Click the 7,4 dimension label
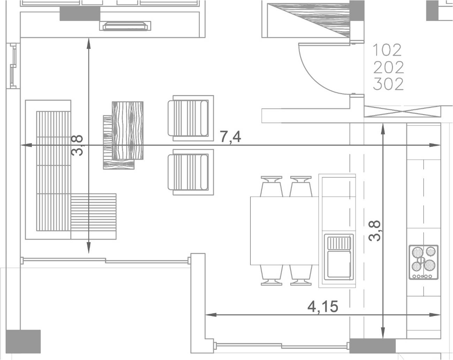(x=230, y=137)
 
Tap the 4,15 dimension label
(x=323, y=307)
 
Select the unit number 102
(x=387, y=50)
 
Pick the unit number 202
(x=388, y=67)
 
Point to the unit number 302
(x=388, y=84)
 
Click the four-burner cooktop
(x=423, y=262)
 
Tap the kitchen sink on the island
(x=339, y=257)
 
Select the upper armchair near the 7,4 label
(x=191, y=118)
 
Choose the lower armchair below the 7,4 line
(x=191, y=172)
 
